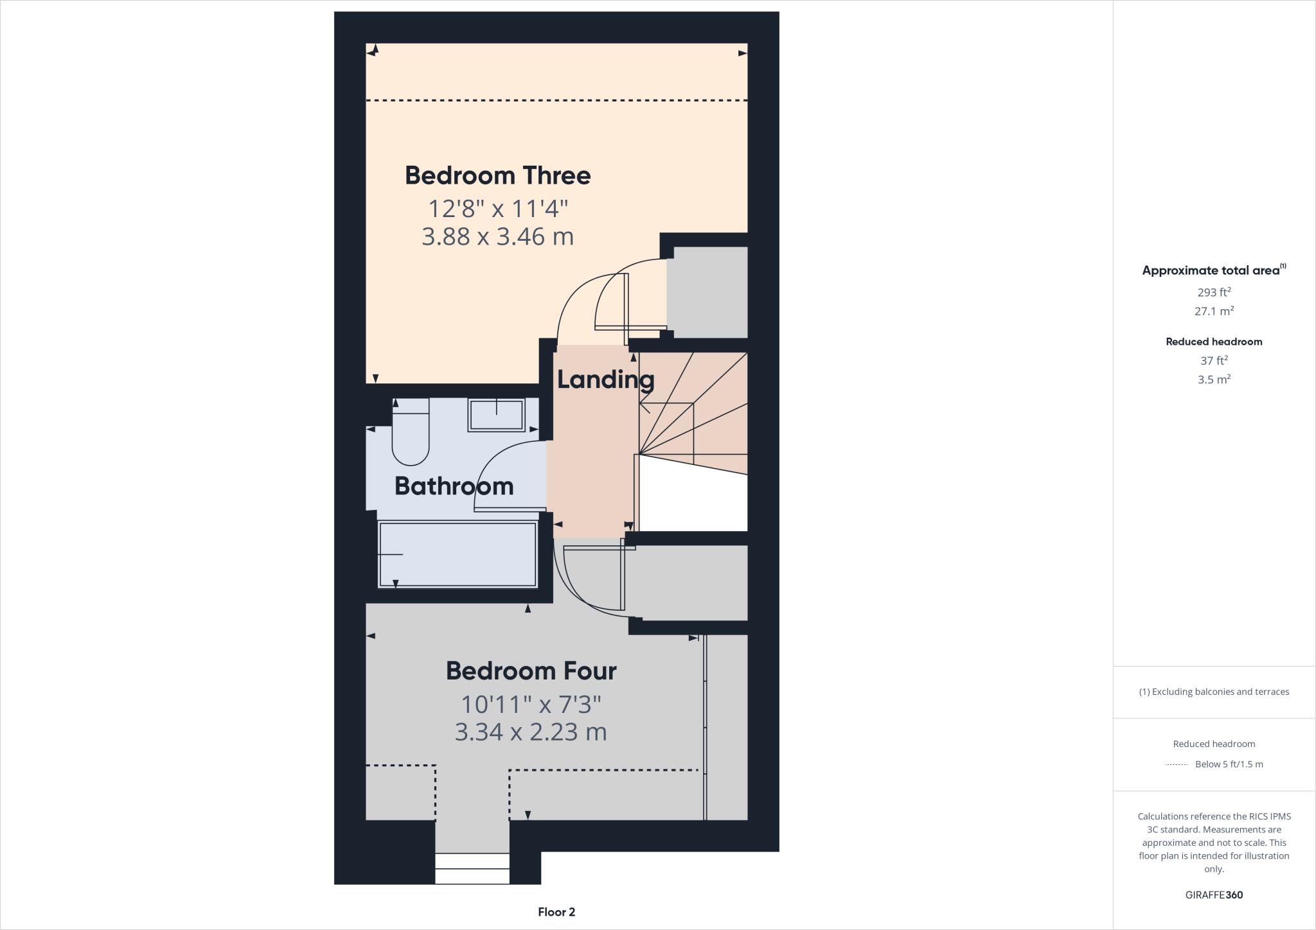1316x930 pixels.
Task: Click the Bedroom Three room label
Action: pyautogui.click(x=497, y=175)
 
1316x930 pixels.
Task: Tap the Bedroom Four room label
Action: pyautogui.click(x=531, y=671)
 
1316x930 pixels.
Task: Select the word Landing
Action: pyautogui.click(x=605, y=379)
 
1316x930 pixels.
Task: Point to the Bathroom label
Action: pyautogui.click(x=454, y=486)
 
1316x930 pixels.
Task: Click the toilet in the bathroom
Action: pyautogui.click(x=411, y=433)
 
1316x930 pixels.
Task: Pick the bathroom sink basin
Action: pyautogui.click(x=496, y=415)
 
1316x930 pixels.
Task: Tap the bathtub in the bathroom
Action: pyautogui.click(x=458, y=554)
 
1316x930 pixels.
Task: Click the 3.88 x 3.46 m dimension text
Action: pyautogui.click(x=497, y=236)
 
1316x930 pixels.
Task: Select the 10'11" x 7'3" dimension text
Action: pyautogui.click(x=531, y=705)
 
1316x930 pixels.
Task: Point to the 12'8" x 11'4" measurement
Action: pyautogui.click(x=498, y=208)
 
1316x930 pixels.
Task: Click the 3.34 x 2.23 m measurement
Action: pyautogui.click(x=531, y=732)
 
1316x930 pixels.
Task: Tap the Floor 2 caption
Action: pyautogui.click(x=556, y=912)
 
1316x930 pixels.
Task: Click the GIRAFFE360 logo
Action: pyautogui.click(x=1214, y=895)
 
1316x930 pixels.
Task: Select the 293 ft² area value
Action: pyautogui.click(x=1214, y=292)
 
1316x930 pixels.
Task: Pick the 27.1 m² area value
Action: pyautogui.click(x=1214, y=311)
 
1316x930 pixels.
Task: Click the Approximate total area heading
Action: pyautogui.click(x=1212, y=270)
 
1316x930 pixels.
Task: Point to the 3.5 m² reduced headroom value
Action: pyautogui.click(x=1214, y=380)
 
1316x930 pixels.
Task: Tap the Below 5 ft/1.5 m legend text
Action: pyautogui.click(x=1229, y=764)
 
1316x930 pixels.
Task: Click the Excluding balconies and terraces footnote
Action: pyautogui.click(x=1214, y=692)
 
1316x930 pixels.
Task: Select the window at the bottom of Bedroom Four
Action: pyautogui.click(x=472, y=868)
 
